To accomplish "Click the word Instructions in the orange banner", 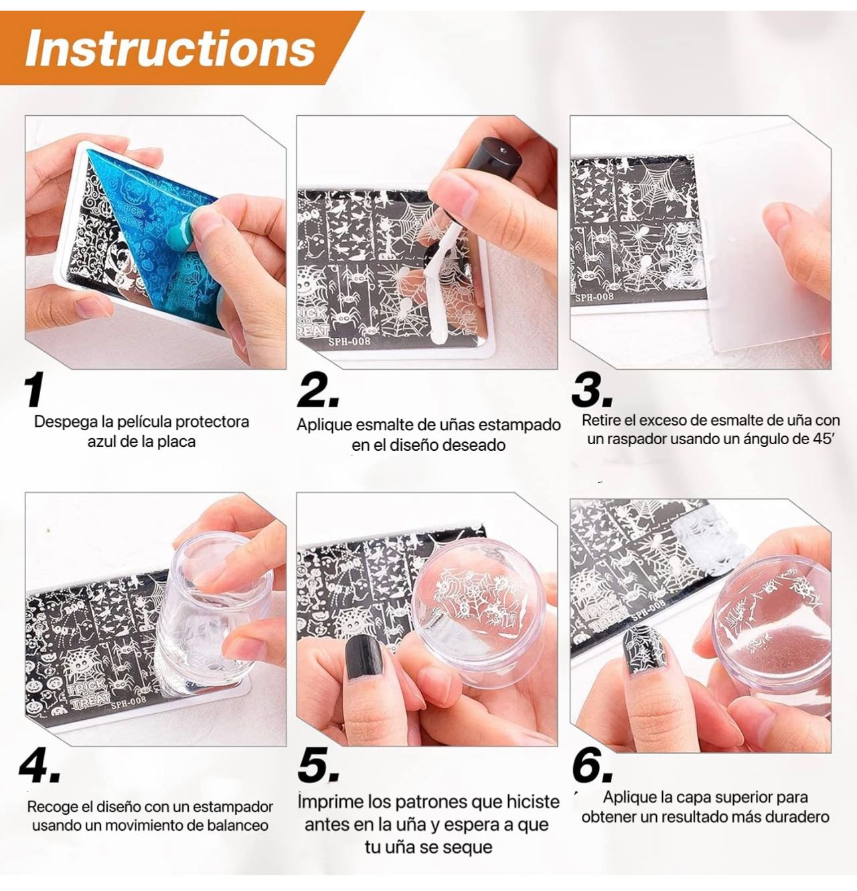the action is (x=171, y=48).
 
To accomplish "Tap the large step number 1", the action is (x=35, y=389).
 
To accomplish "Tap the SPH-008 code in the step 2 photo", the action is (x=349, y=340).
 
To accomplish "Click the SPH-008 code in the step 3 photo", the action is (x=595, y=297).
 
